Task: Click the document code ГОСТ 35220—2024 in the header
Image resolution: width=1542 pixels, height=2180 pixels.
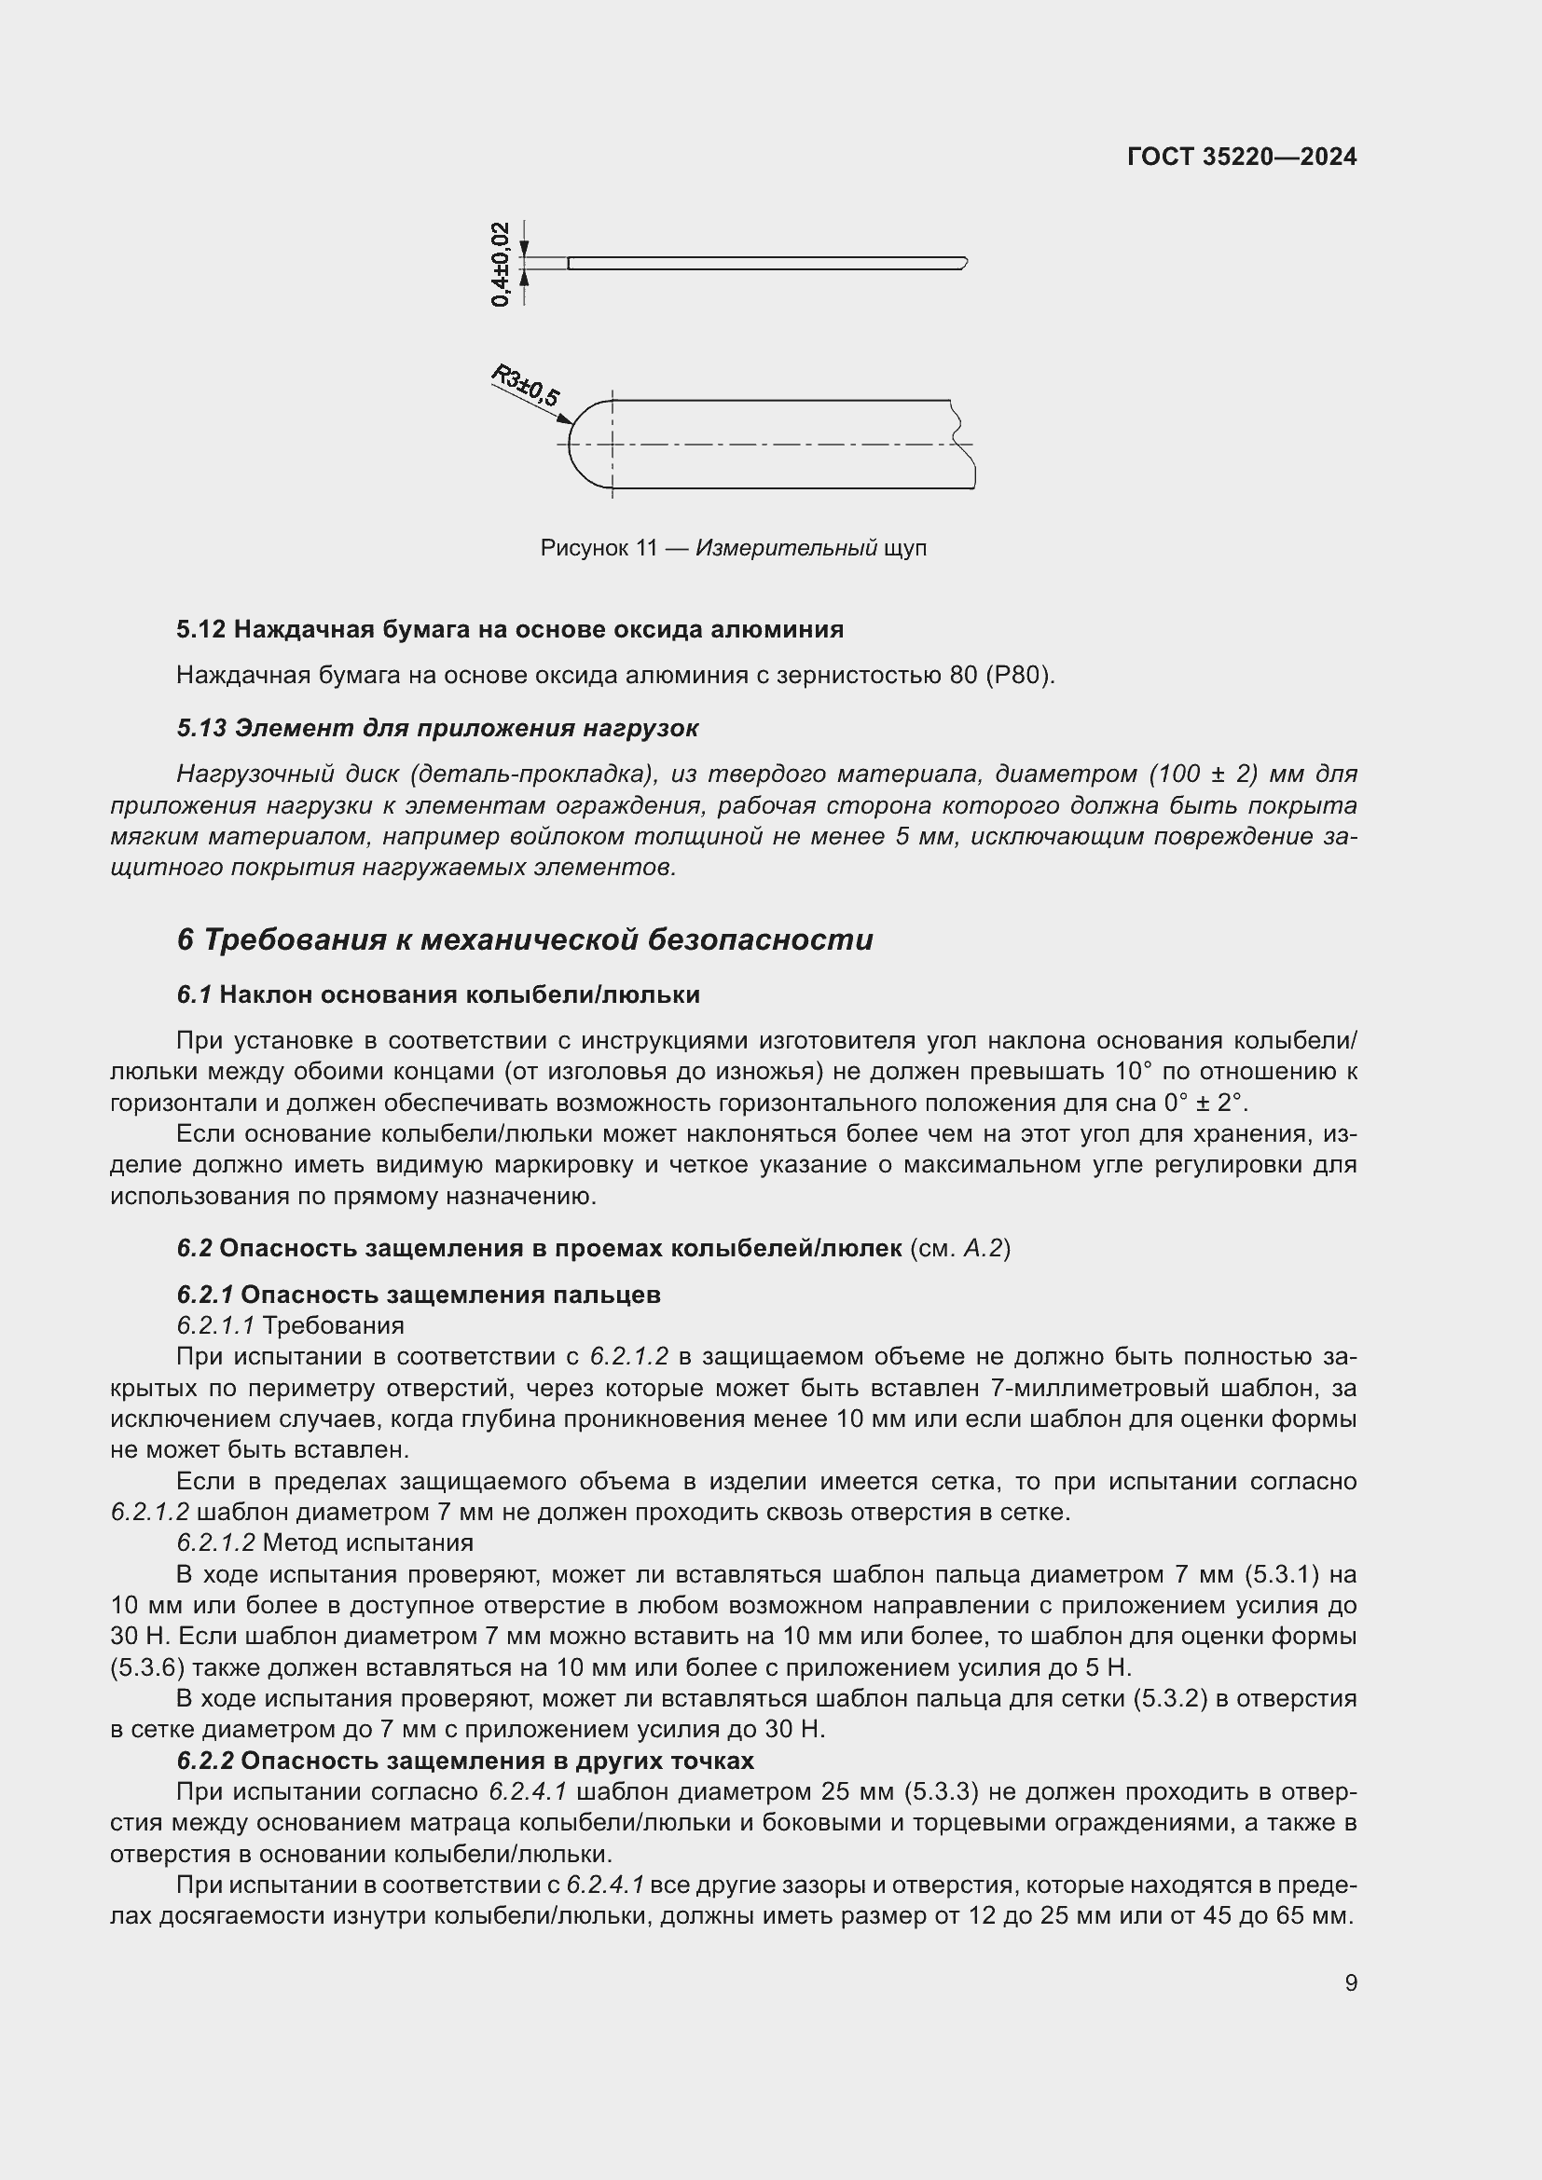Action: pos(1241,158)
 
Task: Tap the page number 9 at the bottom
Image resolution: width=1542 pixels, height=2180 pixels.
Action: pos(1350,1982)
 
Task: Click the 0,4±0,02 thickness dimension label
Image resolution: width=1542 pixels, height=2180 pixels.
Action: pos(501,264)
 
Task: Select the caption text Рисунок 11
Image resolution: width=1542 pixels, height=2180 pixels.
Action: pos(599,548)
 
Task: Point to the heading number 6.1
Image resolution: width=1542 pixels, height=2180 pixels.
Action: pos(194,994)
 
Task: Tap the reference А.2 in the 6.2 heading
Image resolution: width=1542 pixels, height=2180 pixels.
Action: pos(984,1248)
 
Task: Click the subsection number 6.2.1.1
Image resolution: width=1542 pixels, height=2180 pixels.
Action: pos(215,1324)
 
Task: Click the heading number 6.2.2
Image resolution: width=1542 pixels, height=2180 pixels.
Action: pos(205,1761)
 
